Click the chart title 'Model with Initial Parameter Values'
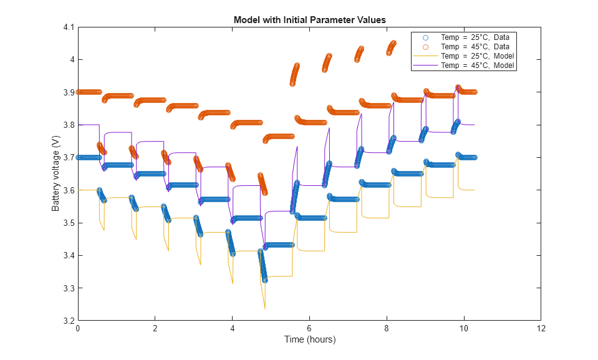309,20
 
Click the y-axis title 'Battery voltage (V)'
55,174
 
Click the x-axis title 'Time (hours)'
309,339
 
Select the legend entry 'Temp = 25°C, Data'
475,37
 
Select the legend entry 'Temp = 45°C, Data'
475,47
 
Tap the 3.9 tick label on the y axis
68,92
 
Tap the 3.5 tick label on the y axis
68,223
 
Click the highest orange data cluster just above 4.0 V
393,44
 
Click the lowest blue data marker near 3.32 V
265,280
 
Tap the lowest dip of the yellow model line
265,308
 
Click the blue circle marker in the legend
425,37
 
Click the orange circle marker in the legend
425,47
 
